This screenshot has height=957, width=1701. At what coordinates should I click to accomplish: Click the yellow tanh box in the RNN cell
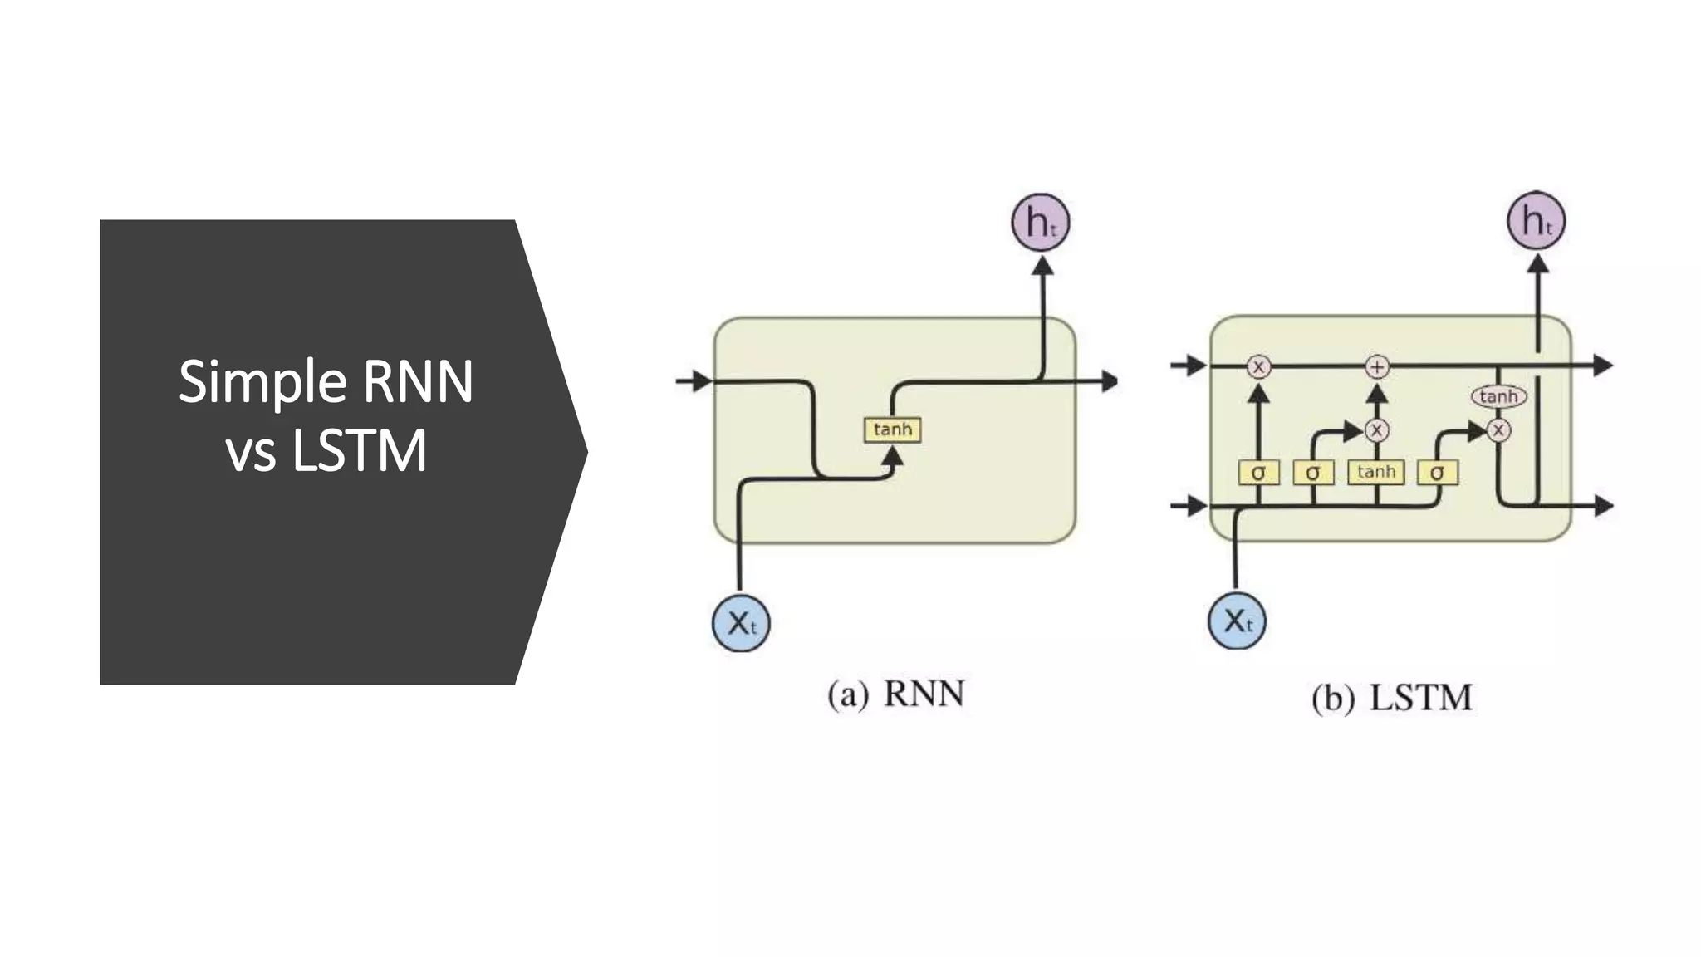892,429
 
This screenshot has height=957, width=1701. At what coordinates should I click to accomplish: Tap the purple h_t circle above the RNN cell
1040,223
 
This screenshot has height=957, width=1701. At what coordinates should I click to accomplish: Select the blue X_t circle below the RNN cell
741,623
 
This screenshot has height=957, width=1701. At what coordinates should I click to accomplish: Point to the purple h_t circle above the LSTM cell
1536,221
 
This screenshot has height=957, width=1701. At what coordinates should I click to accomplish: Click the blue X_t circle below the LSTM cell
1237,621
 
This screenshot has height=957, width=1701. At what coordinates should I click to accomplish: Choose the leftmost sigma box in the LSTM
1258,473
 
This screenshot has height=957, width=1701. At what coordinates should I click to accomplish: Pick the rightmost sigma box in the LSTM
1437,473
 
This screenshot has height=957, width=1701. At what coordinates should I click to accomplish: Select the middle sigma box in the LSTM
1312,473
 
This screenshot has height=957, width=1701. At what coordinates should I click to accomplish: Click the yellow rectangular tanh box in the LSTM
1375,472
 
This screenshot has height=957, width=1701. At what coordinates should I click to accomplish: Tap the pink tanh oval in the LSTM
1498,396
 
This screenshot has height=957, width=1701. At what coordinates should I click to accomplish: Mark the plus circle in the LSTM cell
1377,366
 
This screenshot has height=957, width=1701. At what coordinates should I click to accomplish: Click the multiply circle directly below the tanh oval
1498,430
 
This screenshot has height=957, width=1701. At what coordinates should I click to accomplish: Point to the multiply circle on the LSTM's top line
1258,366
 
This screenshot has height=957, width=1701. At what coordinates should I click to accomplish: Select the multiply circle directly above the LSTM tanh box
1376,430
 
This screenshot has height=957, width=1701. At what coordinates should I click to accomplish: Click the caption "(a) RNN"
895,694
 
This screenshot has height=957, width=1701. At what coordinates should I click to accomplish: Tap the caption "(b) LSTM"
1392,697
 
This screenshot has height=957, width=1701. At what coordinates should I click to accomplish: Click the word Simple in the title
262,382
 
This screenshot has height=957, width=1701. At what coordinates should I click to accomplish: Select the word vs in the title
250,452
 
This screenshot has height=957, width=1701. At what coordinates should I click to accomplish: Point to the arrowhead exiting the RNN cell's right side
1110,381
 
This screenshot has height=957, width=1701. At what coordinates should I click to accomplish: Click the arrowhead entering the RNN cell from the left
703,381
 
